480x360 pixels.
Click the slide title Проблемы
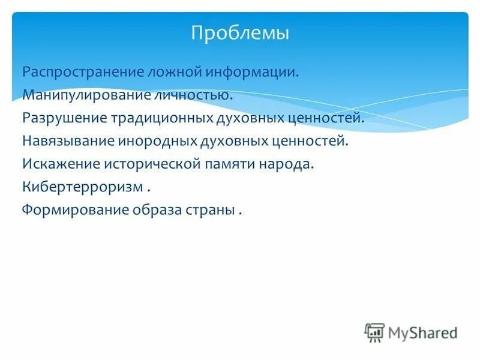click(240, 32)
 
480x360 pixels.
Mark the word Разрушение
click(64, 118)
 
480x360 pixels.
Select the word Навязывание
click(69, 141)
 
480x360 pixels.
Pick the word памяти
click(229, 164)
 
